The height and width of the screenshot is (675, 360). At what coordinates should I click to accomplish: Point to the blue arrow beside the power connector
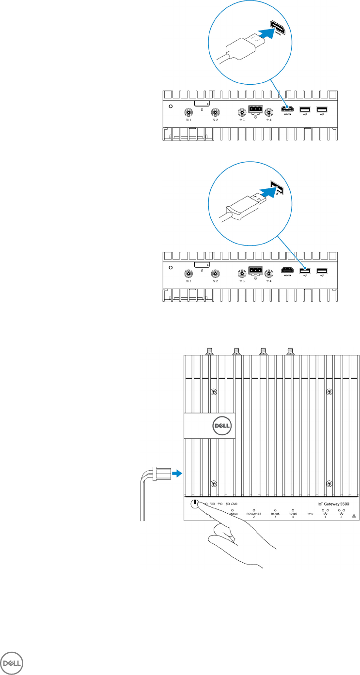pos(178,473)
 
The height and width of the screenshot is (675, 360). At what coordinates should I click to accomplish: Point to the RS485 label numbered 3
pos(275,515)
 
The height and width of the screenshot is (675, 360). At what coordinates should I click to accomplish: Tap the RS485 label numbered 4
pos(293,515)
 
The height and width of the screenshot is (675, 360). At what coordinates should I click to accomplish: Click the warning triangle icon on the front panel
pos(355,517)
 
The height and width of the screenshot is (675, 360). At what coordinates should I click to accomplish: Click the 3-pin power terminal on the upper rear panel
pos(255,109)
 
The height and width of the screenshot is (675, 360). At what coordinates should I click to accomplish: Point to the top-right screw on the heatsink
pos(329,391)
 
